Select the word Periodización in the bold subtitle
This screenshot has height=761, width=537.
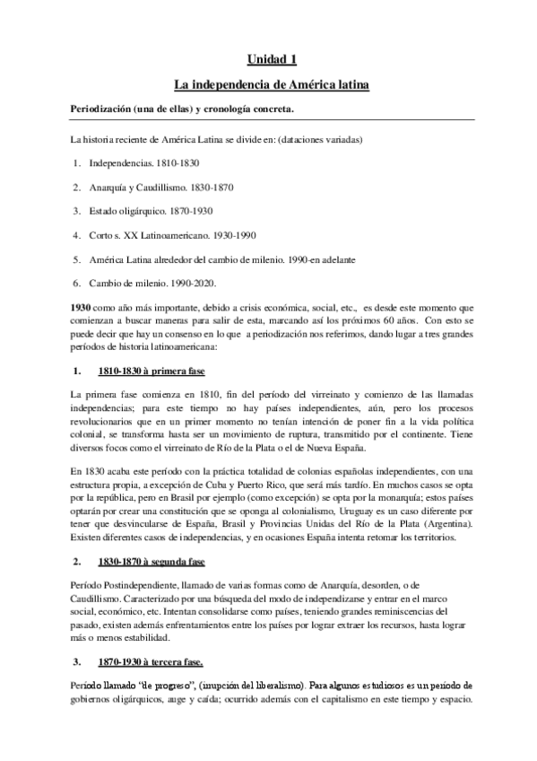(106, 110)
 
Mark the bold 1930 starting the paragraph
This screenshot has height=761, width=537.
(82, 307)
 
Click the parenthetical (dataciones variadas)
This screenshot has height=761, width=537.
(317, 139)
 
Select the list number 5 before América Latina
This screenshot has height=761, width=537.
(79, 259)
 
